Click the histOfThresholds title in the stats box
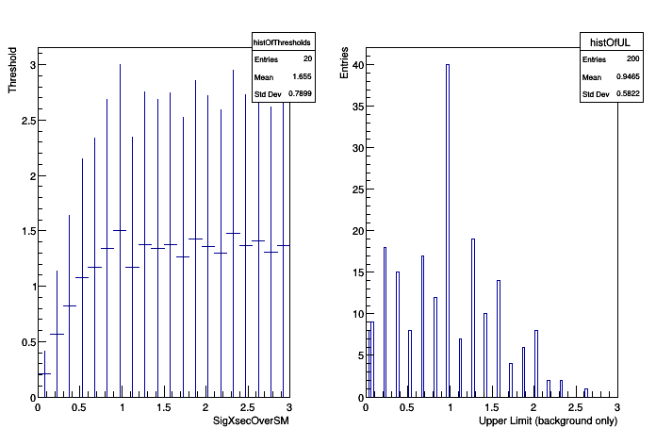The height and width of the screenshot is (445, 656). click(282, 43)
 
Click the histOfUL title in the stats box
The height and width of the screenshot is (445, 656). click(598, 42)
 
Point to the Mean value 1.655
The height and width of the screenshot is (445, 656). click(302, 76)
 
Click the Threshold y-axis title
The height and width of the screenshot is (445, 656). click(13, 71)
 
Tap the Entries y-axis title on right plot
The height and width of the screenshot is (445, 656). click(345, 60)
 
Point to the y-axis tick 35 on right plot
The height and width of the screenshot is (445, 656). click(354, 107)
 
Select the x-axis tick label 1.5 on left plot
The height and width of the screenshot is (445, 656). click(163, 407)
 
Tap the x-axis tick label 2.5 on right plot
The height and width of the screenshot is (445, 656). click(575, 407)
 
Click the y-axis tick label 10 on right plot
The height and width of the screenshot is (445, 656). click(354, 314)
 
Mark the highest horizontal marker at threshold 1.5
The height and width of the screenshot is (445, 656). click(120, 230)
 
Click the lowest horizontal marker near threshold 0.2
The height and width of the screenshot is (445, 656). click(43, 374)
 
